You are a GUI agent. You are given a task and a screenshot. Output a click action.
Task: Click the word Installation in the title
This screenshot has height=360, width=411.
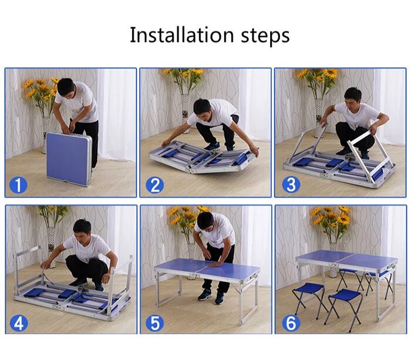181,35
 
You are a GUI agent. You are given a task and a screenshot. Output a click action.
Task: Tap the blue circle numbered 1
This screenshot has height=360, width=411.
18,184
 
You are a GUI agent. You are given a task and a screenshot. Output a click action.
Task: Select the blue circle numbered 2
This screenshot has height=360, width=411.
154,184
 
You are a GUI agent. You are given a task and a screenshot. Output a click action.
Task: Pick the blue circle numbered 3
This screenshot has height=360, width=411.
291,184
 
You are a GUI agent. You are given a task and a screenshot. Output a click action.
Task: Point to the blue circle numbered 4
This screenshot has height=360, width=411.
18,323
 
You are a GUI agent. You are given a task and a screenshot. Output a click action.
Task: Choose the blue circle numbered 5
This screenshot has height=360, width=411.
154,323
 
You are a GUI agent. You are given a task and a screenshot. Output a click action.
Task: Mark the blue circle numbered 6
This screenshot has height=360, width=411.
291,323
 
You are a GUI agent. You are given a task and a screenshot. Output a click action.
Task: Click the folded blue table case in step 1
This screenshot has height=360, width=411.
69,159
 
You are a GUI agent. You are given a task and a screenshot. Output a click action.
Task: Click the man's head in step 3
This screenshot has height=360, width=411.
353,97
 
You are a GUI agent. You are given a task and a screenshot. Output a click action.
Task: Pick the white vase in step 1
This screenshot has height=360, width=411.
46,134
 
